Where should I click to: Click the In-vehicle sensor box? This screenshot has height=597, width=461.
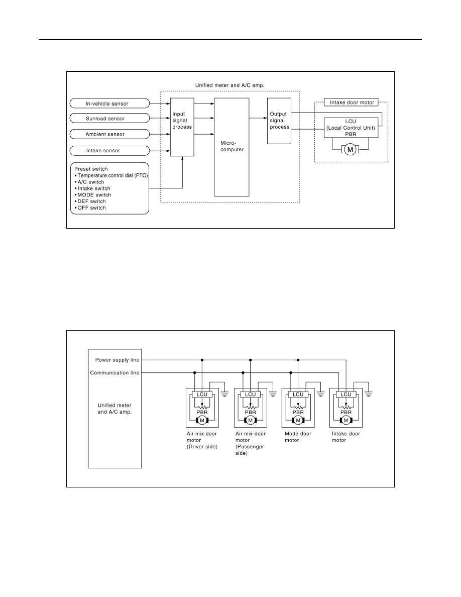pos(109,104)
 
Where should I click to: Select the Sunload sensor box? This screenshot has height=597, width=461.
pos(109,119)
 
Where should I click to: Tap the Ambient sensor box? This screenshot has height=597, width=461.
pos(109,134)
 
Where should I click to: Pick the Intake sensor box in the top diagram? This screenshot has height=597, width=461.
pos(109,150)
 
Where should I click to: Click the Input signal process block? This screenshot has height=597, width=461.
pos(182,127)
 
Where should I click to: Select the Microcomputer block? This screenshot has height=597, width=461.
pos(232,147)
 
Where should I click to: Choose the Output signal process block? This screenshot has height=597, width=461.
pos(279,121)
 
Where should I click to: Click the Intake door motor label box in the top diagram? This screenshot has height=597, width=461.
pos(352,103)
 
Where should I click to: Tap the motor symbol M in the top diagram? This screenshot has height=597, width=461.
pos(351,150)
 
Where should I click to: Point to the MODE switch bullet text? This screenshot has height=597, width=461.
pos(93,195)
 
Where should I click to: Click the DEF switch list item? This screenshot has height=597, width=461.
pos(90,202)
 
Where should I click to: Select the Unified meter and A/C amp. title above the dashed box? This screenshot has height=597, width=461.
pos(229,85)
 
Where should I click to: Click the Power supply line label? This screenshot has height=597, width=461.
pos(117,360)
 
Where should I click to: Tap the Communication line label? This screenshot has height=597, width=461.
pos(114,373)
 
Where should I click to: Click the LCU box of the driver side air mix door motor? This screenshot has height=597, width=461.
pos(202,394)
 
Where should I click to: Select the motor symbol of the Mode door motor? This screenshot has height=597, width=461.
pos(298,420)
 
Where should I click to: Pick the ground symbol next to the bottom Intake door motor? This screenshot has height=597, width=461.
pos(369,394)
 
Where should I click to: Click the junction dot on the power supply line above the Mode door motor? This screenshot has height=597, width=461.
pos(298,360)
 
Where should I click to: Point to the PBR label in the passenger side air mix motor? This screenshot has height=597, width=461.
pos(250,413)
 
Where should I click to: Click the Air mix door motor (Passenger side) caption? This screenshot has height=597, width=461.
pos(250,444)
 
